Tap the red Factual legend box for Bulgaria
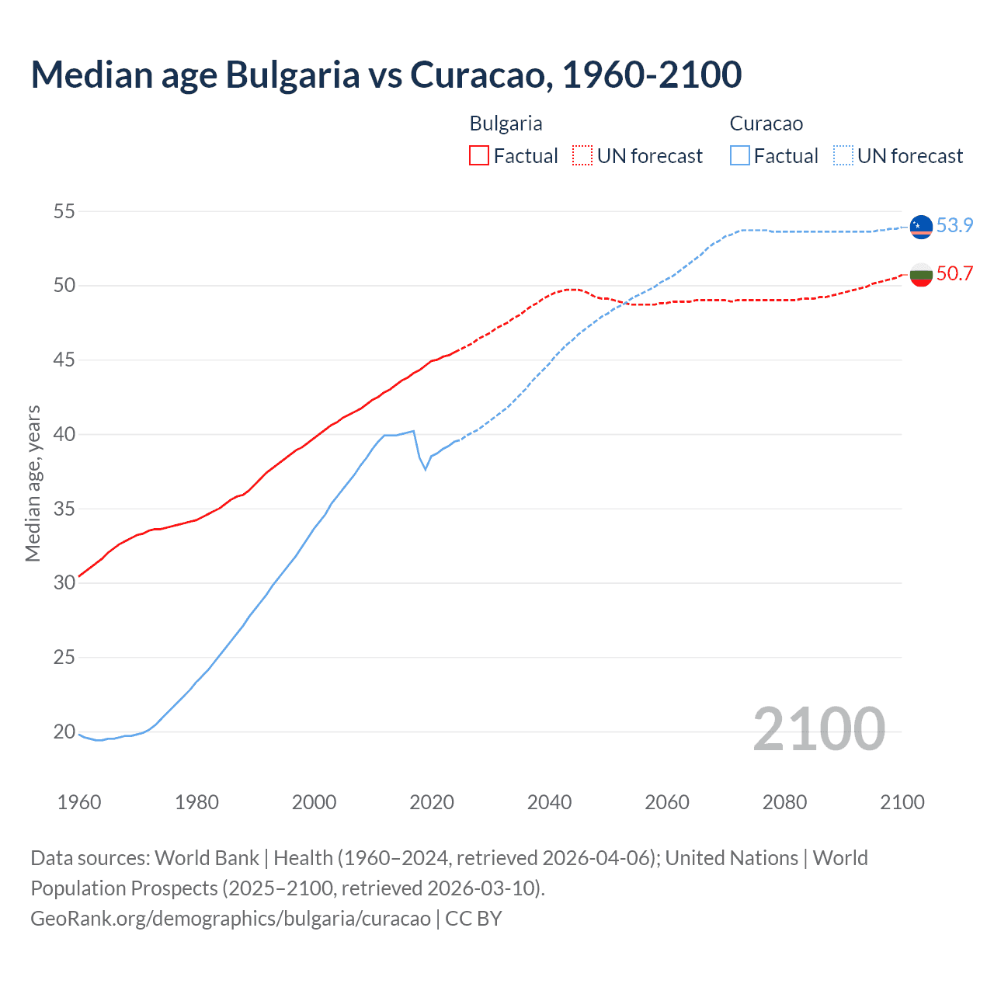tap(479, 156)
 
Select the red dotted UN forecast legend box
tap(582, 156)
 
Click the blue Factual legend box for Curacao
tap(739, 156)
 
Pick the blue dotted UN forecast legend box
tap(843, 156)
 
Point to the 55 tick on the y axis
tap(64, 211)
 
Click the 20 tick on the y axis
tap(64, 732)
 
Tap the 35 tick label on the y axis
tap(64, 509)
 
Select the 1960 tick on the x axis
tap(79, 801)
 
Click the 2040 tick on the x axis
tap(549, 801)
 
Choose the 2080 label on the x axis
tap(784, 801)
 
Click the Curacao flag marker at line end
tap(921, 226)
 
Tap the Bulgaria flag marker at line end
tap(921, 274)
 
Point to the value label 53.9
tap(954, 225)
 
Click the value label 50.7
tap(954, 273)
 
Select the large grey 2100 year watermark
tap(818, 728)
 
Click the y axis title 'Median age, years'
tap(33, 483)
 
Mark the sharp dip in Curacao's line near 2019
tap(425, 468)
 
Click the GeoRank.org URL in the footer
tap(230, 919)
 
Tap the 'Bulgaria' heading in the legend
tap(506, 123)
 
